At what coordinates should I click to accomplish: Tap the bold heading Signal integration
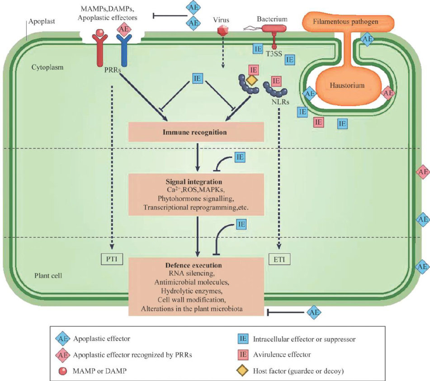pyautogui.click(x=196, y=182)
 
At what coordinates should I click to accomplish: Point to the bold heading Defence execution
pyautogui.click(x=196, y=265)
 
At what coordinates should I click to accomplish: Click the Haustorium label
pyautogui.click(x=347, y=85)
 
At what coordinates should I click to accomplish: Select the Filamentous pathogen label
pyautogui.click(x=347, y=21)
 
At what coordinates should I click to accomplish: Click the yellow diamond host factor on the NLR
pyautogui.click(x=251, y=80)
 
